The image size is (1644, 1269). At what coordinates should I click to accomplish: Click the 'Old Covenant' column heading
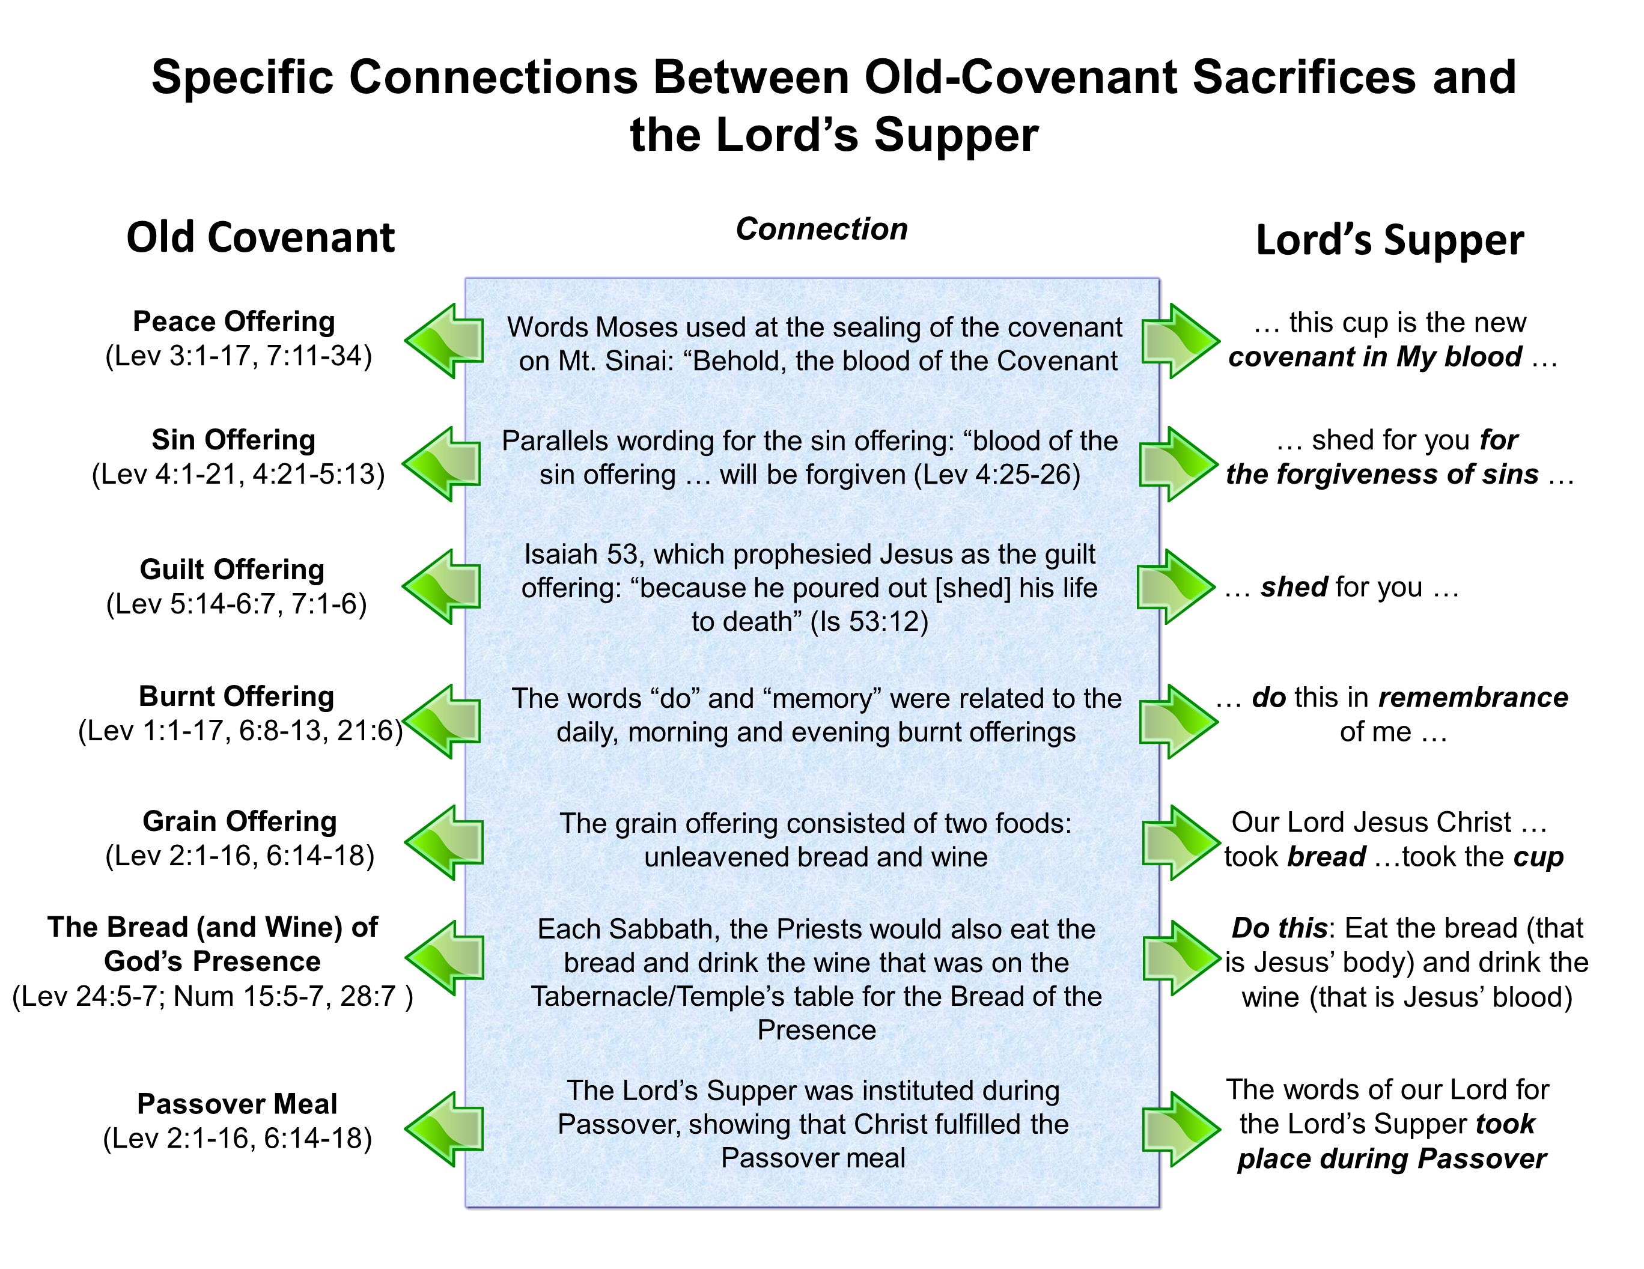[x=260, y=238]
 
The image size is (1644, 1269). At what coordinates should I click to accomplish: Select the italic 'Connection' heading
[x=821, y=230]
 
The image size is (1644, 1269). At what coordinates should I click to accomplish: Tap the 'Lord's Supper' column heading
[x=1390, y=241]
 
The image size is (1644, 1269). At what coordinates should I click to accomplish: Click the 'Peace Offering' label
[x=233, y=321]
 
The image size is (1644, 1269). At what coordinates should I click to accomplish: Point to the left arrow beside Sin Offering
[x=442, y=464]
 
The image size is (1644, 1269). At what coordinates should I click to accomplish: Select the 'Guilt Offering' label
[x=232, y=570]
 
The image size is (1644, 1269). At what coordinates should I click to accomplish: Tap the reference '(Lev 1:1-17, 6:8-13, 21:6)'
[x=240, y=731]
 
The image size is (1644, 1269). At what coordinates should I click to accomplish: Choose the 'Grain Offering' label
[x=239, y=821]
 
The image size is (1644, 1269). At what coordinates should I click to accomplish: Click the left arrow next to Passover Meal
[x=444, y=1129]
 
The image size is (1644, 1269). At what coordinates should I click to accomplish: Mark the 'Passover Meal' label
[x=237, y=1104]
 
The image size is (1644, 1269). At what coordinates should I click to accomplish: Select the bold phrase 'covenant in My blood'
[x=1375, y=357]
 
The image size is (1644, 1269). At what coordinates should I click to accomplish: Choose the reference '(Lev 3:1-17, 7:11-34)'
[x=239, y=356]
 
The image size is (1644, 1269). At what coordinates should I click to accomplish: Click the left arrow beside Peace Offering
[x=444, y=341]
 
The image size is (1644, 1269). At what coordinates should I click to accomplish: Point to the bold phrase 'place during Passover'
[x=1391, y=1159]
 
